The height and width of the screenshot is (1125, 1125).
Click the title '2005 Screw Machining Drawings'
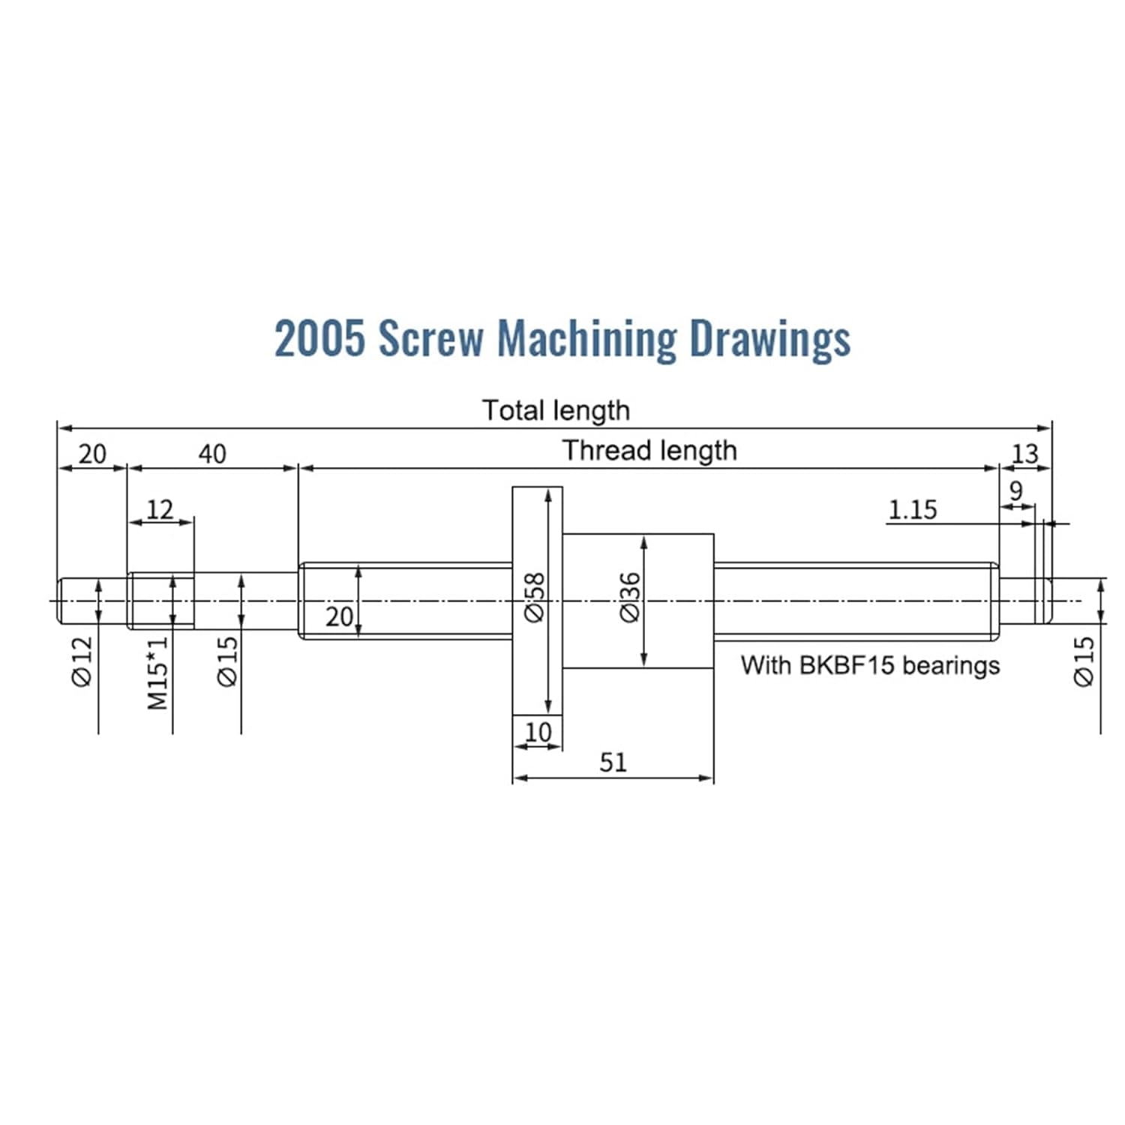(562, 338)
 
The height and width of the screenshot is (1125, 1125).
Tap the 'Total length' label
(556, 410)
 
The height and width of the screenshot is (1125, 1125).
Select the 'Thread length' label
(649, 450)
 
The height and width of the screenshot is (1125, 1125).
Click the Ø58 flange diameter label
(534, 598)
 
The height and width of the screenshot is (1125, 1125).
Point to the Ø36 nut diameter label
(631, 598)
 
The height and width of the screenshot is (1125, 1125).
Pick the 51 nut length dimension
(613, 762)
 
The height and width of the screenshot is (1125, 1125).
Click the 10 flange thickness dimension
(538, 731)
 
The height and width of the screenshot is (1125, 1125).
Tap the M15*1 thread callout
(157, 673)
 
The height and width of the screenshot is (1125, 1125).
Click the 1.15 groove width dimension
(913, 510)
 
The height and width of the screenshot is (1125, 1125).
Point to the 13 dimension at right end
(1024, 454)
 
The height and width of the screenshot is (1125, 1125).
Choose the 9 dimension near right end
(1015, 491)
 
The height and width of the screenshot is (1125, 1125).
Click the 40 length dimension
(212, 454)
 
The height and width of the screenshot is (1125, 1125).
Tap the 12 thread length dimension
(160, 510)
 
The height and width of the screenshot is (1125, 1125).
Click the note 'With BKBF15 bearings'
(870, 665)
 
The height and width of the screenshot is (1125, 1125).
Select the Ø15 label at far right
(1084, 661)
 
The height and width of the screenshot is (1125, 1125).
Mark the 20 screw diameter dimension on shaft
(339, 616)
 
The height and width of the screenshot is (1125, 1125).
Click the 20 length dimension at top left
(92, 454)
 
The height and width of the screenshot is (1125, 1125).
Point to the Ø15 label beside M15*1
(226, 661)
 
